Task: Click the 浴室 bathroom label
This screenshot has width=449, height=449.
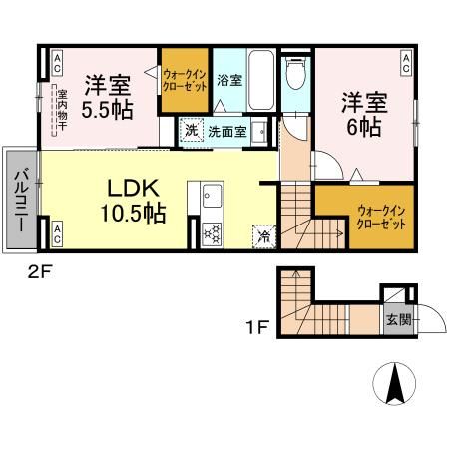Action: tap(229, 80)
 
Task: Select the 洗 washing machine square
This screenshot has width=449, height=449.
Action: tap(190, 129)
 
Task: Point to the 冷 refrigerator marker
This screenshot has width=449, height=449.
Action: tap(263, 237)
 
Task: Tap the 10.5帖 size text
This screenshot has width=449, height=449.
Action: tap(132, 213)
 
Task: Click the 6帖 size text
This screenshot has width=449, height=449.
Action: tap(364, 128)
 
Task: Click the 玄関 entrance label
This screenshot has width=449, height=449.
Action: tap(396, 321)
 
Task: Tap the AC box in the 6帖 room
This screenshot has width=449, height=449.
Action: tap(407, 63)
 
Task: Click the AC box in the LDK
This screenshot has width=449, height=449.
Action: tap(57, 235)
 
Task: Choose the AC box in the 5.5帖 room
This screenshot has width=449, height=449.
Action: tap(57, 63)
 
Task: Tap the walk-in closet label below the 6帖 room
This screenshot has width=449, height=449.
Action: tap(381, 216)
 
